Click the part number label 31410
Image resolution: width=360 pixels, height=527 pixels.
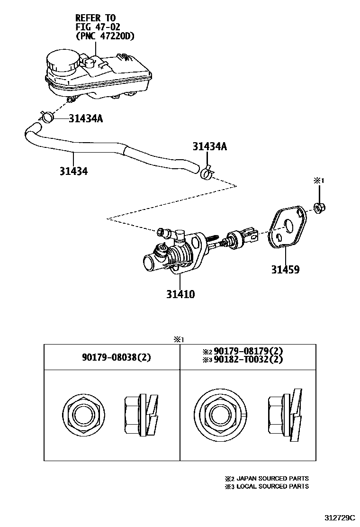coord(180,294)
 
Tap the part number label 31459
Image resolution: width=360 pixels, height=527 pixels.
coord(285,270)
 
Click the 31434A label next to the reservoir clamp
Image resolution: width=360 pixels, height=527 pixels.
coord(85,118)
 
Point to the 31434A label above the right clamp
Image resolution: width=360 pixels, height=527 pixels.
coord(209,147)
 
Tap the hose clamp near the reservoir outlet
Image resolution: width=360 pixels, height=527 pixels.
coord(47,116)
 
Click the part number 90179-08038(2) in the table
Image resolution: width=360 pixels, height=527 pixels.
coord(112,357)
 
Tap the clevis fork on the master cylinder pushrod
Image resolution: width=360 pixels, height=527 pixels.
coord(250,235)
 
